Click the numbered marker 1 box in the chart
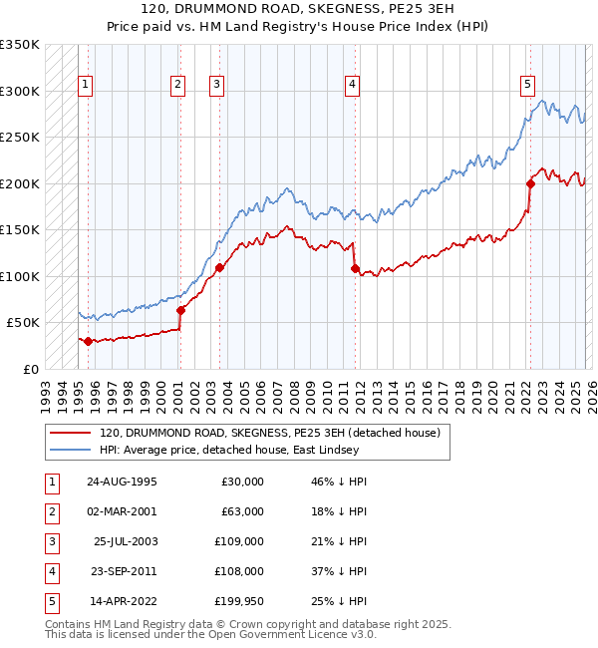[87, 86]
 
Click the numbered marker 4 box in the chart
[353, 86]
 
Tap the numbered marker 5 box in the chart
[527, 86]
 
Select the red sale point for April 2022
[530, 183]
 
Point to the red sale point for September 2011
[355, 268]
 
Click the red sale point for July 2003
[219, 267]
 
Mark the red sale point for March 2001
[180, 310]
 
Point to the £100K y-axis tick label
[20, 276]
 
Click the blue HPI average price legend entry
[249, 450]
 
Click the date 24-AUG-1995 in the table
[121, 482]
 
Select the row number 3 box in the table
[50, 541]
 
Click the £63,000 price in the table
[242, 511]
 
